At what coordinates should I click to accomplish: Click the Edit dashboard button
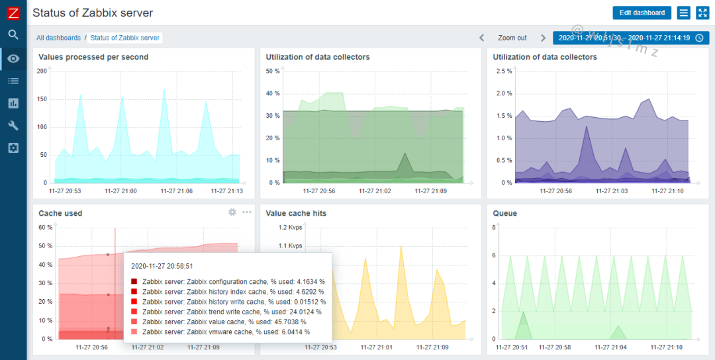(642, 13)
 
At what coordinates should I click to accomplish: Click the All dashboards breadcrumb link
(58, 38)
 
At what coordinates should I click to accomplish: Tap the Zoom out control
(512, 38)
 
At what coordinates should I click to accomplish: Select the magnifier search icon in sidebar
(13, 35)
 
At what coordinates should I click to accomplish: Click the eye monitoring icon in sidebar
(13, 58)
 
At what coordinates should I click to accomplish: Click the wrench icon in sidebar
(13, 125)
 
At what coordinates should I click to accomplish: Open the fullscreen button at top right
(702, 13)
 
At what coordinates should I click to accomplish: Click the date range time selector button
(630, 38)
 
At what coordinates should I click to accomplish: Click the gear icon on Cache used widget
(232, 212)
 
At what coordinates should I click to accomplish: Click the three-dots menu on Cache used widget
(247, 212)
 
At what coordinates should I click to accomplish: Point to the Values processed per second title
(93, 57)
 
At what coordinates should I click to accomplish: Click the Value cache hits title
(296, 213)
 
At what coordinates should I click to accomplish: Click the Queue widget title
(505, 213)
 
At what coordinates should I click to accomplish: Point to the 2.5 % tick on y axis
(504, 71)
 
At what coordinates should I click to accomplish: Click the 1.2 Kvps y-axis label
(290, 227)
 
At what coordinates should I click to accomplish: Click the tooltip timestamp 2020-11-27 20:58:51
(163, 265)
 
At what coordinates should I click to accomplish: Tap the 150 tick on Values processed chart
(42, 99)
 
